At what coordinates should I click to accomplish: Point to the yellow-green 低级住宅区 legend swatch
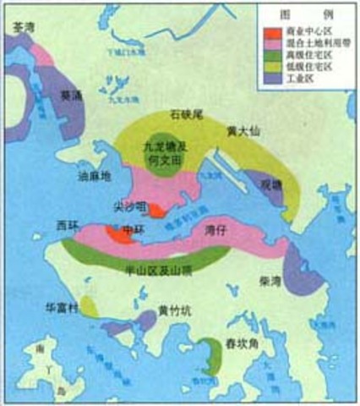point(275,68)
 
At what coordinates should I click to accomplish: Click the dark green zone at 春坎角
point(209,354)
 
